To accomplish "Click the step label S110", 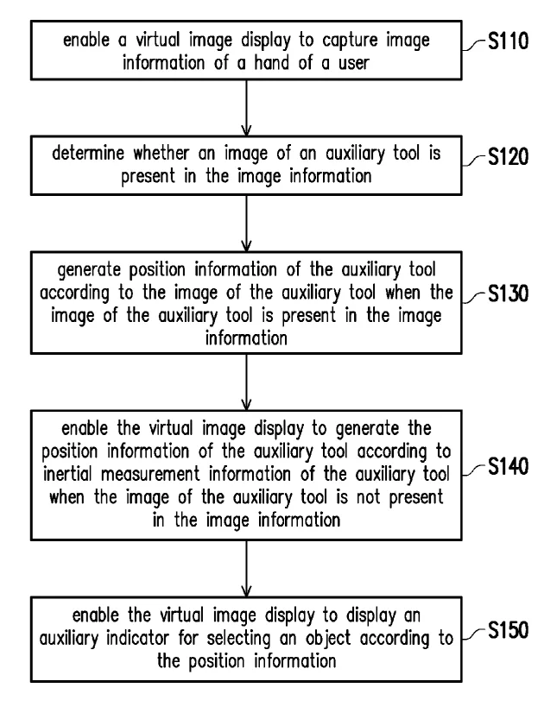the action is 508,41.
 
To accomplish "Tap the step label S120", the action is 508,157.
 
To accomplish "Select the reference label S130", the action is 508,293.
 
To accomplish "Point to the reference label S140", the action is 508,466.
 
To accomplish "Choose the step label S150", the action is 508,630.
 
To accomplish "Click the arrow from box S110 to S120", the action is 246,108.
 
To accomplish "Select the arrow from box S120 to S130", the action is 246,224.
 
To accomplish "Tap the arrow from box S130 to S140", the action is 246,382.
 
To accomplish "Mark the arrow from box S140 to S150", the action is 246,568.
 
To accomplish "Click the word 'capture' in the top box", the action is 351,41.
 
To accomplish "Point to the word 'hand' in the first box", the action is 271,62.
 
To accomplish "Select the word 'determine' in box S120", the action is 88,153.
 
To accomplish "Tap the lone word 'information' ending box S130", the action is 246,338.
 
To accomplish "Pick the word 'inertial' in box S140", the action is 67,474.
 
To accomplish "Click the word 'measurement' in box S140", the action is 150,474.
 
